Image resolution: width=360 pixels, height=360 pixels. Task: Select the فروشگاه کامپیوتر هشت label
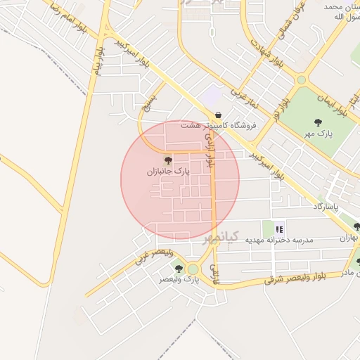(x=219, y=125)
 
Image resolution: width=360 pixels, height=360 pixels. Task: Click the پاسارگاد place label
(x=326, y=207)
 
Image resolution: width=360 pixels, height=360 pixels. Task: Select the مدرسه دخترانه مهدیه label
(x=278, y=240)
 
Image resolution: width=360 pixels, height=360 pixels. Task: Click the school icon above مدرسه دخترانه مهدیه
(x=279, y=229)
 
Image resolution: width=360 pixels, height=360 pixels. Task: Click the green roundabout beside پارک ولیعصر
(x=193, y=269)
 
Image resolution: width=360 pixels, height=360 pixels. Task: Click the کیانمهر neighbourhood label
(x=221, y=237)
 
